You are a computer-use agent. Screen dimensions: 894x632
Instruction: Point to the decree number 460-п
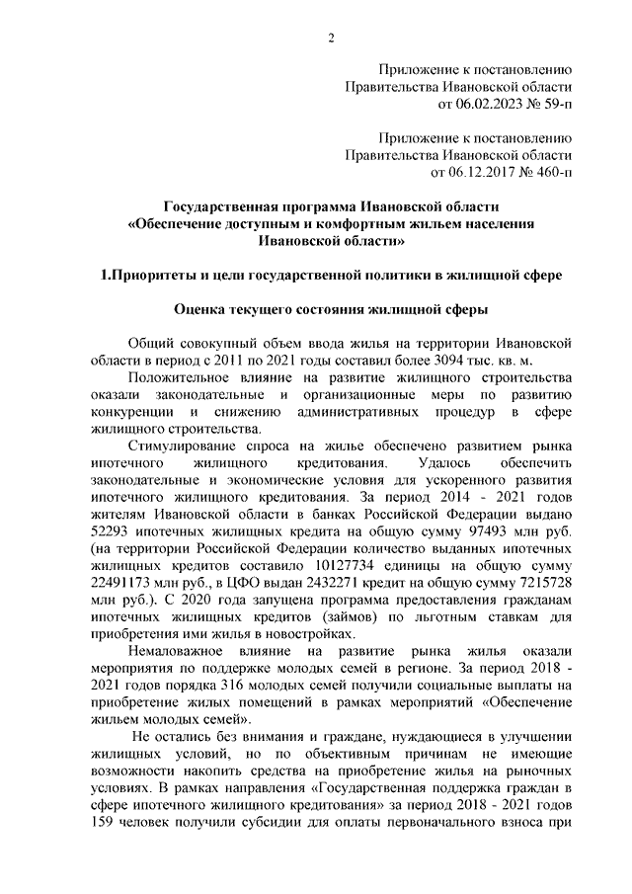tap(550, 171)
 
